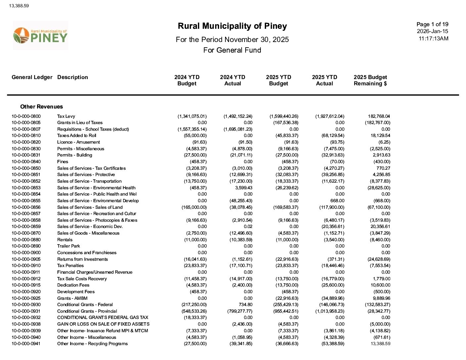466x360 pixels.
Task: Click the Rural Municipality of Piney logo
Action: (x=40, y=35)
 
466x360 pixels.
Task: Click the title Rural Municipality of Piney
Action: (x=232, y=26)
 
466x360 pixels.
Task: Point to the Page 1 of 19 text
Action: (x=432, y=24)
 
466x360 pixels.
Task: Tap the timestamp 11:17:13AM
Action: (x=434, y=38)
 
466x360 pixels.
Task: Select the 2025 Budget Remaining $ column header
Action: (x=370, y=80)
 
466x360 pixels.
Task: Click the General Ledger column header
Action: (x=32, y=77)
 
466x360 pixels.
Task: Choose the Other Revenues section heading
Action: (x=41, y=107)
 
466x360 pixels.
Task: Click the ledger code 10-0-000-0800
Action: (x=26, y=116)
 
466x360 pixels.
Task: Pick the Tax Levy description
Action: (x=66, y=116)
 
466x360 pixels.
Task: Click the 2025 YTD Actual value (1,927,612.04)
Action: (x=330, y=116)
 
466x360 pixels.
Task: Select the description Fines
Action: (x=63, y=161)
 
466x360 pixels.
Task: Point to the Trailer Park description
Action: (x=69, y=246)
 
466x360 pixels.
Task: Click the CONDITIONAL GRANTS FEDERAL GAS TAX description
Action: (x=103, y=317)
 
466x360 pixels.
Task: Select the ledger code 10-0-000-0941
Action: (x=26, y=343)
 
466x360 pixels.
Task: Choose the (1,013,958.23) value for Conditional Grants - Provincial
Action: (x=330, y=311)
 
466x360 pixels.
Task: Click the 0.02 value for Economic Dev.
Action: (x=248, y=226)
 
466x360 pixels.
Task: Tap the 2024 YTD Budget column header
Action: (x=187, y=80)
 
